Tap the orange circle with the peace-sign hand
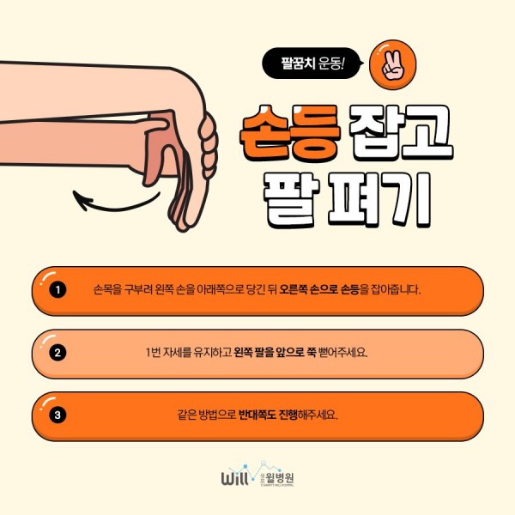pos(392,64)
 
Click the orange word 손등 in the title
pos(290,133)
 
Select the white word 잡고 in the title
pos(402,133)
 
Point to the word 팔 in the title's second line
pos(291,200)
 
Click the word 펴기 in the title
pos(379,200)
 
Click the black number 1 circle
pos(58,290)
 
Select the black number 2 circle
pos(58,353)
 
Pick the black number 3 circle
pos(58,415)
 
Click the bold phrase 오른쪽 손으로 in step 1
pos(309,290)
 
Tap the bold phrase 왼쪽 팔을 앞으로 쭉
pos(275,353)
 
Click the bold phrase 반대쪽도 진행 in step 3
pos(268,415)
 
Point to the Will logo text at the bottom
pos(234,478)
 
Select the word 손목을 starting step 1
pos(108,290)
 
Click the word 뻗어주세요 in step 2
pos(342,353)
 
